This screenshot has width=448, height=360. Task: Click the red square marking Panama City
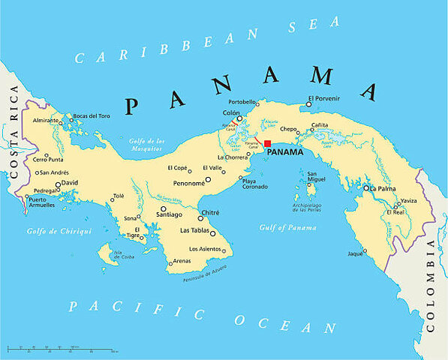pos(267,143)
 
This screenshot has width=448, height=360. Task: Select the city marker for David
pos(58,183)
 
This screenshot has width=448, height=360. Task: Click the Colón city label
pos(231,113)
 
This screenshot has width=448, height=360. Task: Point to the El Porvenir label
pos(323,98)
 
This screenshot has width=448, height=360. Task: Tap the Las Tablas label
pos(194,232)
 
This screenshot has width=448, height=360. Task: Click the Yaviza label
pos(408,200)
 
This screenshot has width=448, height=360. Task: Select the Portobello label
pos(242,101)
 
